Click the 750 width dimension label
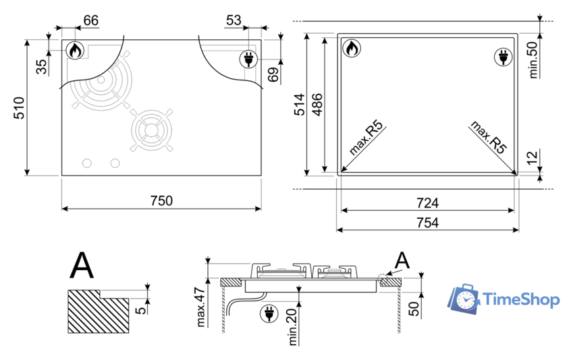(161, 201)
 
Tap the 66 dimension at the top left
(90, 20)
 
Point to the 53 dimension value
(234, 20)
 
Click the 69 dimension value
(273, 75)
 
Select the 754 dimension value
(427, 223)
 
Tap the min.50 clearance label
(533, 59)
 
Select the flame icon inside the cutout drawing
(352, 49)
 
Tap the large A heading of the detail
(82, 265)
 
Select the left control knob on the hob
(86, 163)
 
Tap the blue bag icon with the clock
(464, 299)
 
